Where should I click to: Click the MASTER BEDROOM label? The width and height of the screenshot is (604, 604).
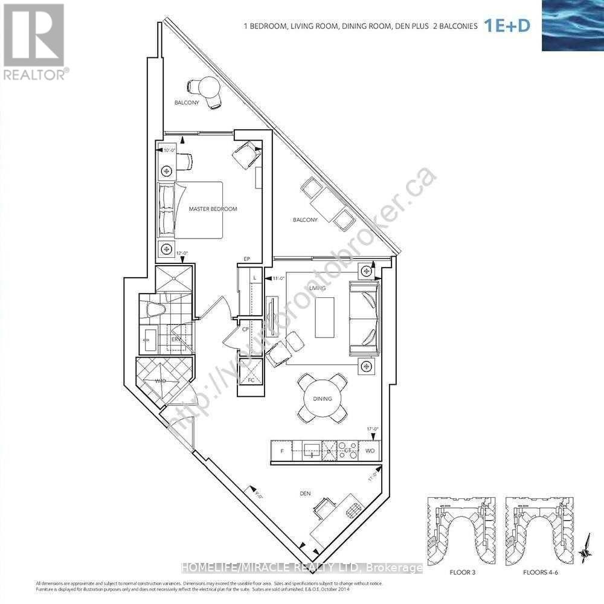[213, 209]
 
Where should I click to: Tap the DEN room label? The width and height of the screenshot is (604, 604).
[305, 493]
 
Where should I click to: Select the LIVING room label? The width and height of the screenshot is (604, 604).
[317, 288]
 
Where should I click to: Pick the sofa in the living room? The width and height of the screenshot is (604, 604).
[364, 318]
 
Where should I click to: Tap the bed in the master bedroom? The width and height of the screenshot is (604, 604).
[190, 210]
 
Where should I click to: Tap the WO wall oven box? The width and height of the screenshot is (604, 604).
[370, 451]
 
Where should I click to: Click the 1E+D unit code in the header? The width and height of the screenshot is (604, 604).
[507, 26]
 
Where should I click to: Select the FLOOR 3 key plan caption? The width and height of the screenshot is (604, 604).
[458, 570]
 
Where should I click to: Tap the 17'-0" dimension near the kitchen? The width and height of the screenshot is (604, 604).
[371, 431]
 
